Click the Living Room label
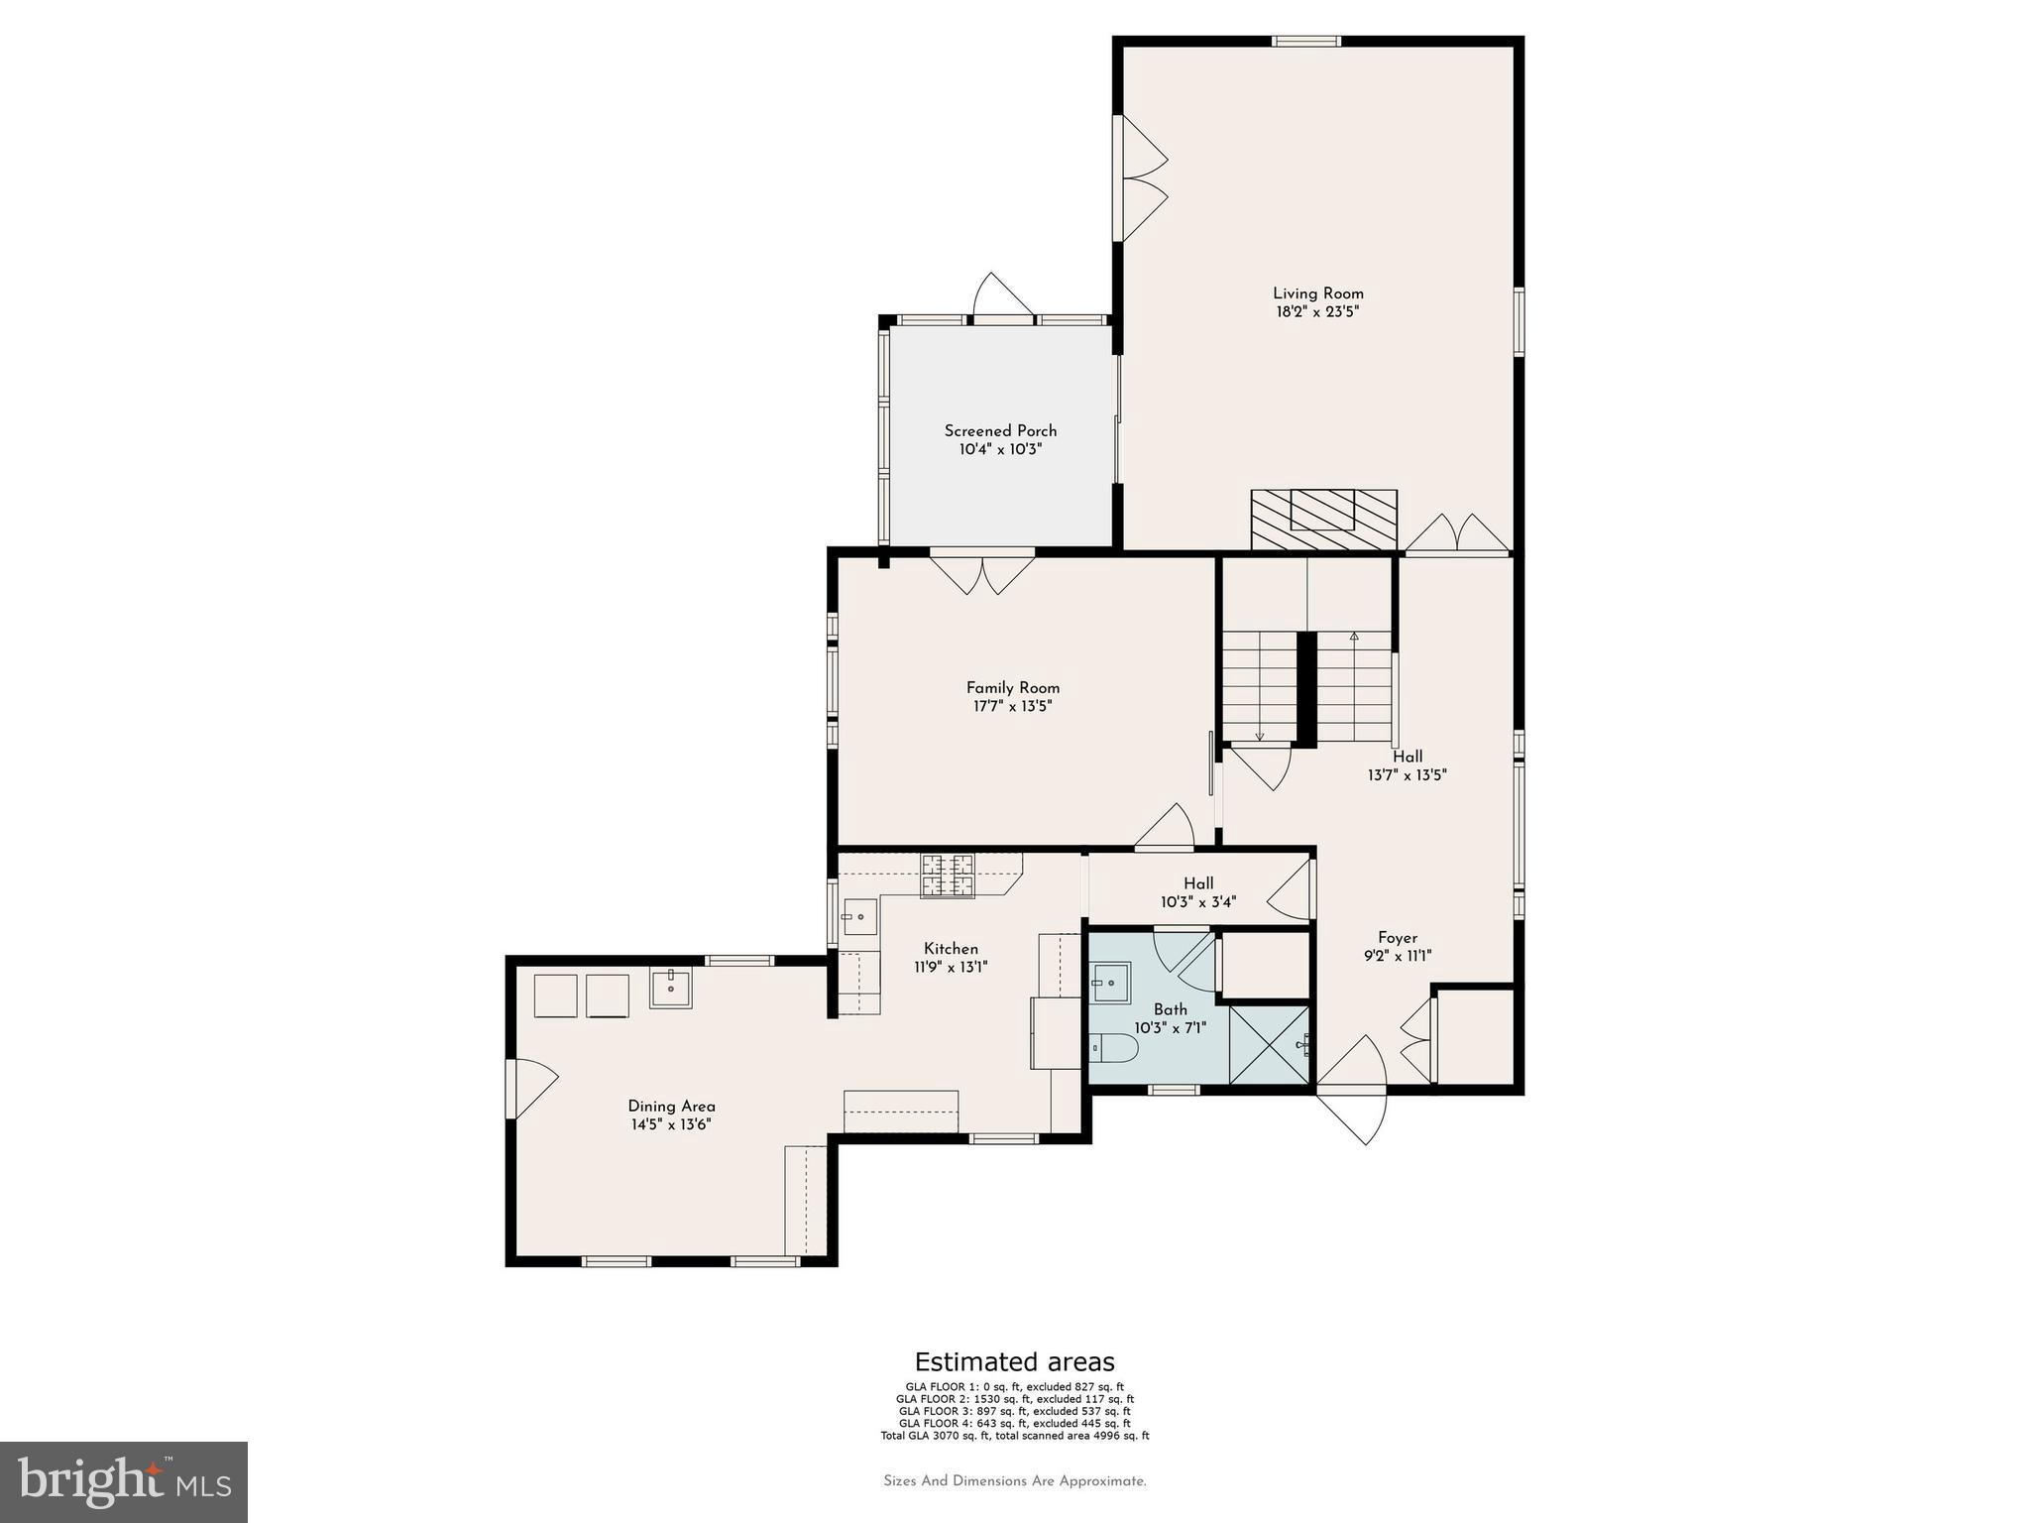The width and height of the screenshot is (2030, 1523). pyautogui.click(x=1317, y=293)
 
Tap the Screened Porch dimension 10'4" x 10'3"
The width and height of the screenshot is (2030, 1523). pyautogui.click(x=1000, y=449)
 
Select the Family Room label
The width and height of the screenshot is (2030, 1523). pyautogui.click(x=1012, y=688)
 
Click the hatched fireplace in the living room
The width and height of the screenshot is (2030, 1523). pyautogui.click(x=1323, y=519)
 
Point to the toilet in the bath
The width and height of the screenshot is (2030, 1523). pyautogui.click(x=1111, y=1047)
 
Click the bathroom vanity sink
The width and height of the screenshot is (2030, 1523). pyautogui.click(x=1109, y=983)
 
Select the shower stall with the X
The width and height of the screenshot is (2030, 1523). pyautogui.click(x=1269, y=1044)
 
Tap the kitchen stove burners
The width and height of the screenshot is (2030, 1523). pyautogui.click(x=947, y=876)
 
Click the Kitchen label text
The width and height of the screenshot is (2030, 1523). pyautogui.click(x=951, y=949)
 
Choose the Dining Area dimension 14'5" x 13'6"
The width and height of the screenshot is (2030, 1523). pyautogui.click(x=671, y=1125)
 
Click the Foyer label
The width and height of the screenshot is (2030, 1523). pyautogui.click(x=1398, y=938)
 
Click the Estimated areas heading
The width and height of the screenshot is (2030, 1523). pyautogui.click(x=1014, y=1361)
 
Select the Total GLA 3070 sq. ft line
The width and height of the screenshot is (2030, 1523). pyautogui.click(x=1014, y=1436)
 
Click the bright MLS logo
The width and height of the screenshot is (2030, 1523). pyautogui.click(x=124, y=1482)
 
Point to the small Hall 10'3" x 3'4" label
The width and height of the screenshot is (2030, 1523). pyautogui.click(x=1197, y=893)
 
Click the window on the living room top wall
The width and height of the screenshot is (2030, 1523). pyautogui.click(x=1306, y=42)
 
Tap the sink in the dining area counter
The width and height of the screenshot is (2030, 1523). pyautogui.click(x=670, y=989)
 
